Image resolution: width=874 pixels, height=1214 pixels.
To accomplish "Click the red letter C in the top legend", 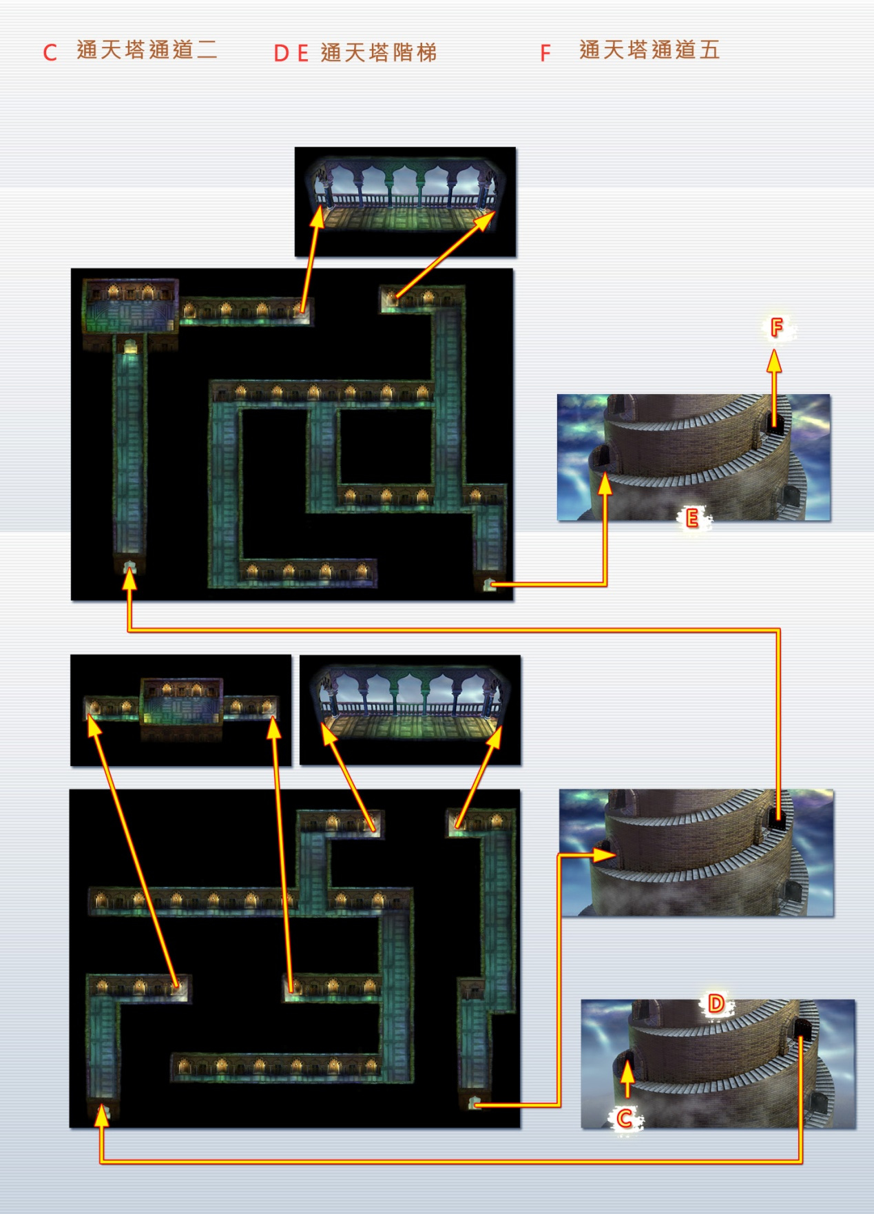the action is pos(50,53).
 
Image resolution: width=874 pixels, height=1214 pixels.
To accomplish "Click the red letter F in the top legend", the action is pos(545,53).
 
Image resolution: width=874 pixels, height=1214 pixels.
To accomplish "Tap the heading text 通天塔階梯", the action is pos(378,52).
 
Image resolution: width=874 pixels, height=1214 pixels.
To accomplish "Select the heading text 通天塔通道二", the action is pos(147,50).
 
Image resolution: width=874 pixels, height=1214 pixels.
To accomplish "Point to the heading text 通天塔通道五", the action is pos(649,50).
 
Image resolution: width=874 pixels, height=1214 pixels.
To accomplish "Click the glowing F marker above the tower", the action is pos(777,327).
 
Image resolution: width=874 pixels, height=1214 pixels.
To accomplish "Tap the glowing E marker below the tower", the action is pos(692,517).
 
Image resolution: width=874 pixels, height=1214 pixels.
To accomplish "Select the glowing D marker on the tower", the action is pos(716,1003).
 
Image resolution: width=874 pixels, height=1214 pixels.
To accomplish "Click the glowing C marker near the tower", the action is pos(625,1118).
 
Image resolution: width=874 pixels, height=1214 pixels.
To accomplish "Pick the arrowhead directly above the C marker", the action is pos(627,1071).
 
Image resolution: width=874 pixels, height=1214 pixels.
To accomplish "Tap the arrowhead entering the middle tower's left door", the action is pos(604,855).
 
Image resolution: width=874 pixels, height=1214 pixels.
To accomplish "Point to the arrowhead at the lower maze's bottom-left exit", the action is pos(102,1115).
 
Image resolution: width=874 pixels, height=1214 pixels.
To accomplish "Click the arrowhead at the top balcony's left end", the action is pos(317,217).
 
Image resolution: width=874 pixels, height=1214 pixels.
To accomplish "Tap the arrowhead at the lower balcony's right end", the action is pos(495,737).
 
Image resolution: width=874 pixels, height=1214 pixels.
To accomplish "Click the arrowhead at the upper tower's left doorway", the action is pos(605,484).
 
